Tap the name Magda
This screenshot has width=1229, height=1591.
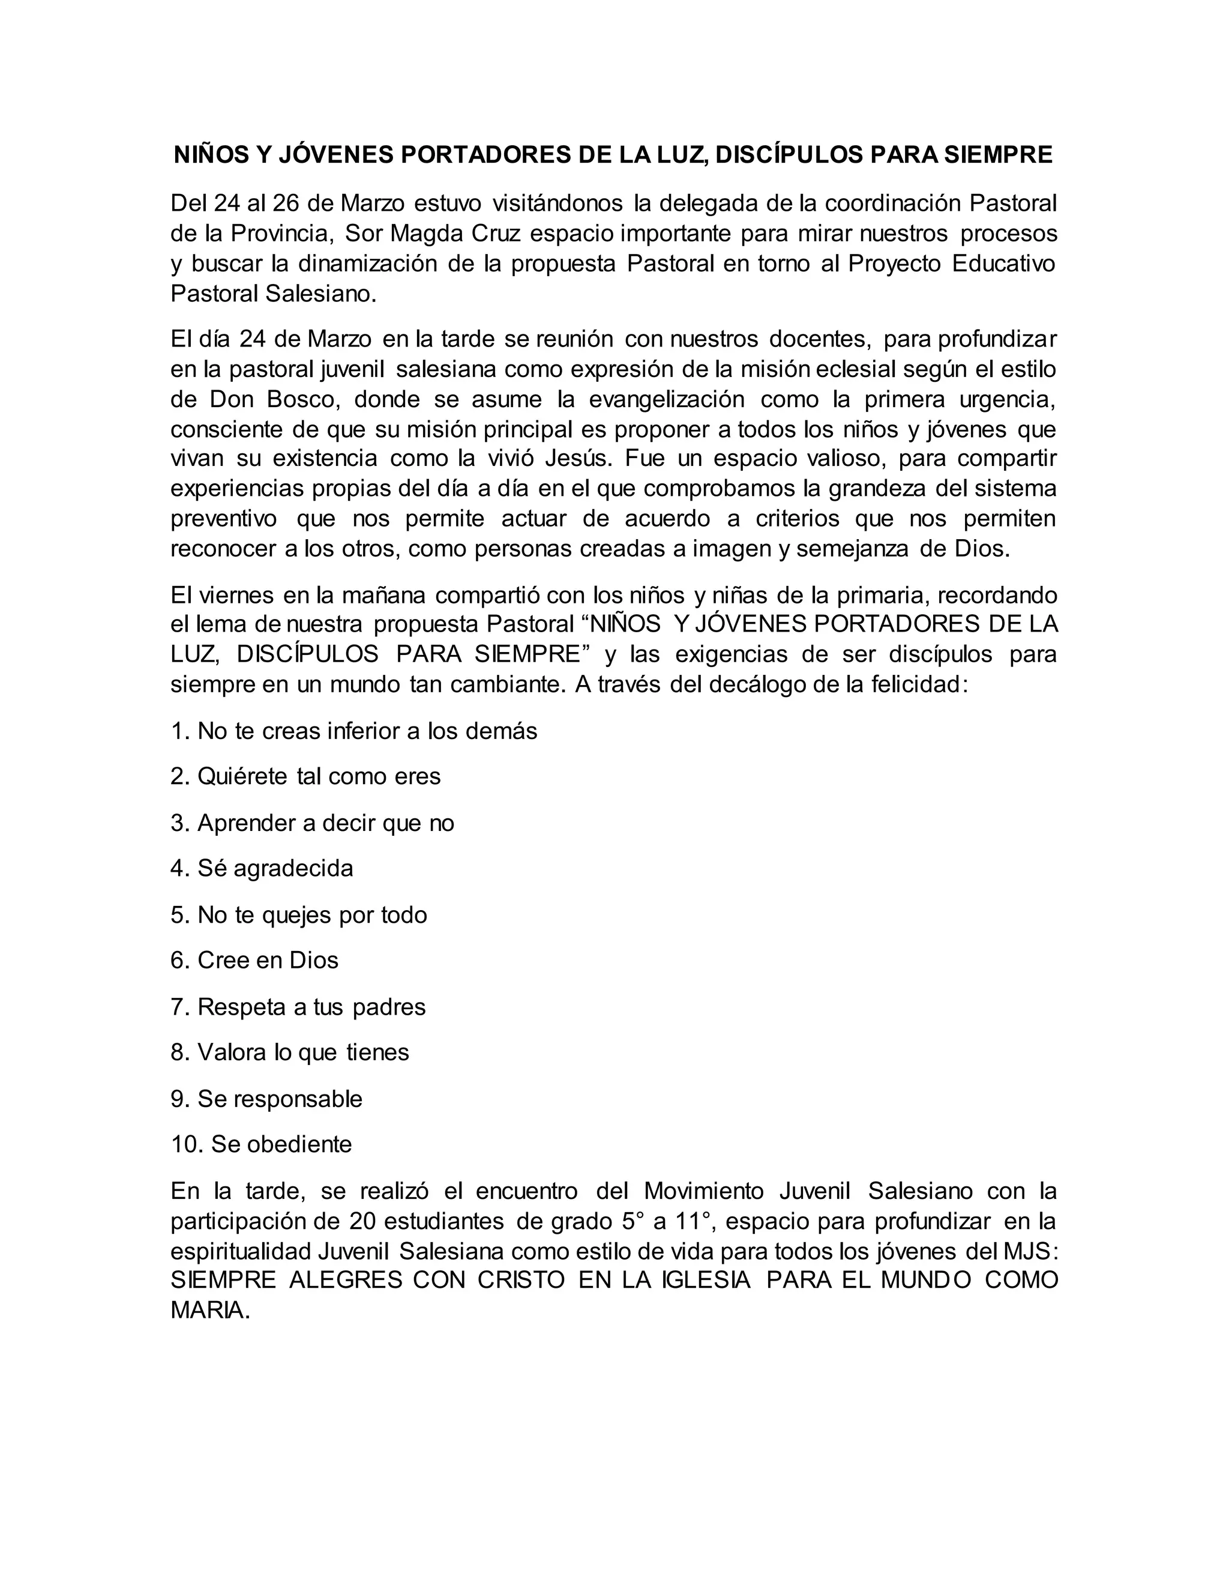[x=427, y=233]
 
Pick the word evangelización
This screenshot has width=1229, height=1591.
[x=666, y=399]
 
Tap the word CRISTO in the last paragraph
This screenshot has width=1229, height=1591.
[x=521, y=1280]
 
